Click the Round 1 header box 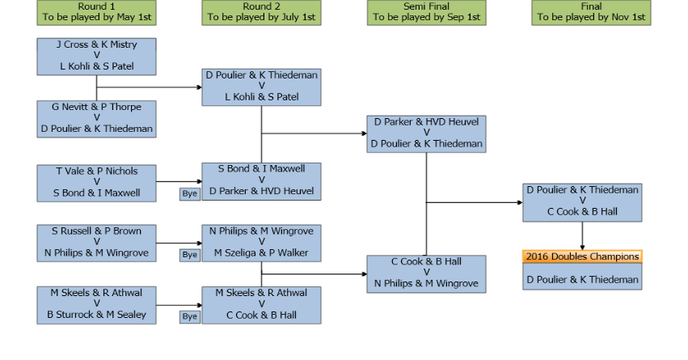tap(96, 12)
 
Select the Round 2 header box tap(261, 12)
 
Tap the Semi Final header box tap(426, 12)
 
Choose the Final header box tap(591, 12)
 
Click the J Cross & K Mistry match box tap(96, 56)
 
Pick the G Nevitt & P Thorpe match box tap(96, 118)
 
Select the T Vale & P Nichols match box tap(96, 182)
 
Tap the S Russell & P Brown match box tap(96, 243)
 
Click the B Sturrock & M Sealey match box tap(96, 304)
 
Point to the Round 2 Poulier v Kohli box tap(261, 87)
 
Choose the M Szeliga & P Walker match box tap(261, 243)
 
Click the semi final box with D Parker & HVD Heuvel tap(426, 133)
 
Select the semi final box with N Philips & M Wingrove tap(426, 273)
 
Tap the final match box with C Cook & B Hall tap(582, 201)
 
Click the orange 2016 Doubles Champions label tap(582, 256)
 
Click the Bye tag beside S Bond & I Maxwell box tap(189, 194)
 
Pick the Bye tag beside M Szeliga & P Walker tap(189, 255)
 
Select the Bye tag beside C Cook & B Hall tap(189, 316)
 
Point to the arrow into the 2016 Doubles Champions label tap(582, 237)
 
